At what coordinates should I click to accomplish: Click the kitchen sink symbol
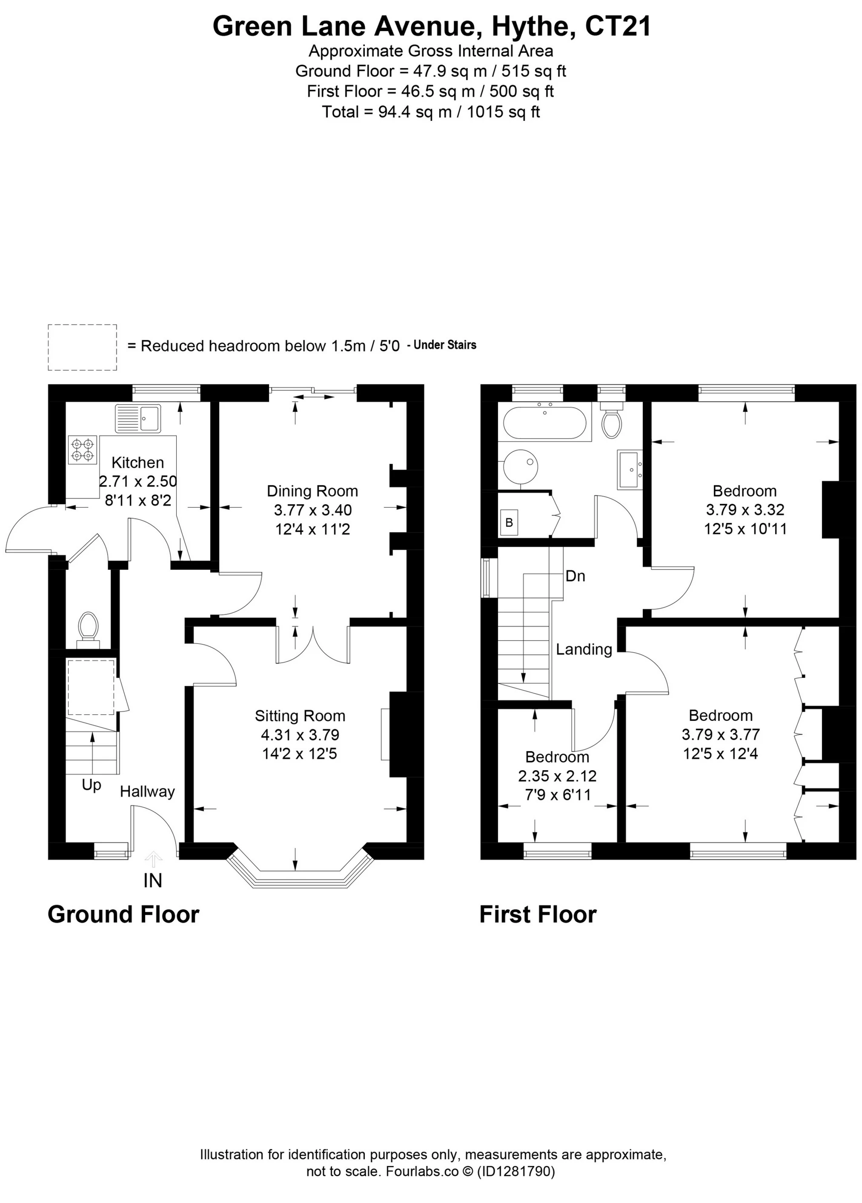137,418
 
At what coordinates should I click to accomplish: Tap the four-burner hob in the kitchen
83,450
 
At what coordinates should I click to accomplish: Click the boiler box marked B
509,523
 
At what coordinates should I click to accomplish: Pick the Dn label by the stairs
575,576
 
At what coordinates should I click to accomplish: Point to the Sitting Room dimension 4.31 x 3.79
300,734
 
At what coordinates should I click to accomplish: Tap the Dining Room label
312,491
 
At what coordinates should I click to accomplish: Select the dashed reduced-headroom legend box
82,347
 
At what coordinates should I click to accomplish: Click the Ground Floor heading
123,914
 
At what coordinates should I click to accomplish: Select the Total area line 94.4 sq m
431,112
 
